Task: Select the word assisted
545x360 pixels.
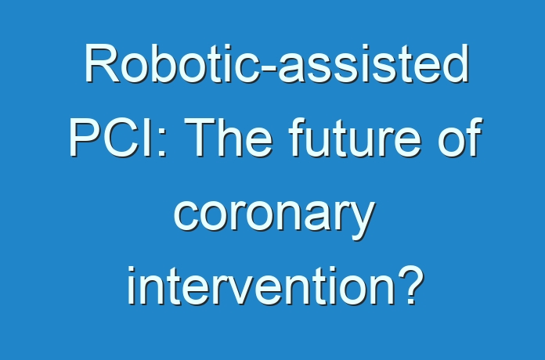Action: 374,63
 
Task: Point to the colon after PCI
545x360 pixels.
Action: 162,142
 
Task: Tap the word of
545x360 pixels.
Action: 460,137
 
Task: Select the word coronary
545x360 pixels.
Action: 274,216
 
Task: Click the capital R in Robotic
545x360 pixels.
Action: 102,63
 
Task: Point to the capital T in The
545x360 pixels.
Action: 200,137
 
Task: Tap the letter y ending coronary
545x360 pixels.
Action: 363,221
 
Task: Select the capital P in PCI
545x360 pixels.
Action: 85,137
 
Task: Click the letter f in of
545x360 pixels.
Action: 474,137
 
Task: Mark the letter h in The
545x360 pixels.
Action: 233,137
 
